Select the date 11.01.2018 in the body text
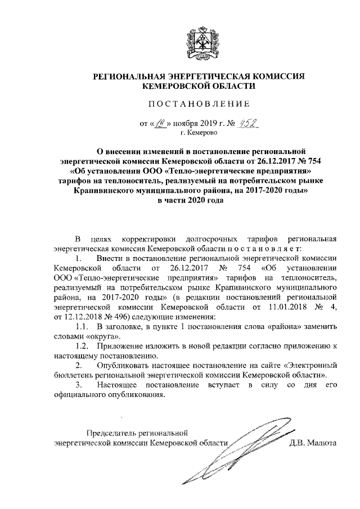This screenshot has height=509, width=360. (x=283, y=308)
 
